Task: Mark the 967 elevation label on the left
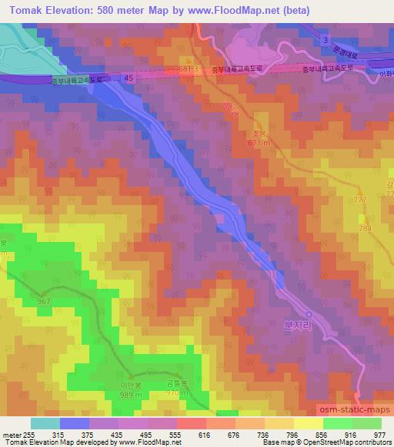(43, 301)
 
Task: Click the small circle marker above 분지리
(309, 314)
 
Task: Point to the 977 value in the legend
(380, 434)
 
